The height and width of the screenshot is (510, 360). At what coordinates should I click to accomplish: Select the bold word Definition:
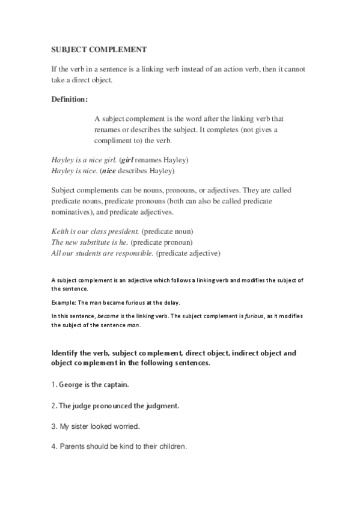(70, 98)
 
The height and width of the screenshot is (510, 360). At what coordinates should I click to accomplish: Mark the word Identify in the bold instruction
(67, 352)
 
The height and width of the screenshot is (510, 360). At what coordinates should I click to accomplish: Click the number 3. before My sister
(54, 426)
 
